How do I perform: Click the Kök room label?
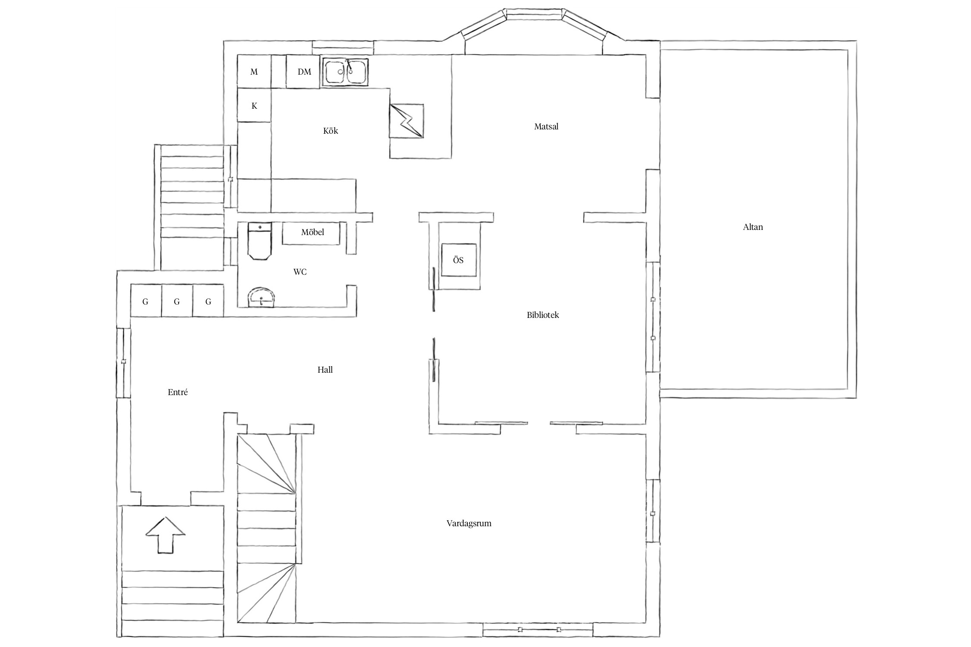[x=330, y=131]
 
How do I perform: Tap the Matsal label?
[x=546, y=126]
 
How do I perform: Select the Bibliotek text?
[x=542, y=315]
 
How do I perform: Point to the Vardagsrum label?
[x=469, y=523]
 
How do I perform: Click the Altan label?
[x=753, y=227]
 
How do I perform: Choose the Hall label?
[x=325, y=370]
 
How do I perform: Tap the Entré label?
[x=177, y=392]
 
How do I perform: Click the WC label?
[x=300, y=272]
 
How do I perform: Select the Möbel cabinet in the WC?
[x=311, y=233]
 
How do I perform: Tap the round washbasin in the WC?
[x=261, y=298]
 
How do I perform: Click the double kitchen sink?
[x=345, y=72]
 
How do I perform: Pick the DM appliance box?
[x=304, y=72]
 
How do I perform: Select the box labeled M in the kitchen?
[x=254, y=72]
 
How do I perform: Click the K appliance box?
[x=254, y=106]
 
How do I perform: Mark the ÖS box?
[x=458, y=260]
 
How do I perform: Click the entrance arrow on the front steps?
[x=165, y=535]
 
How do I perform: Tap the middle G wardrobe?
[x=177, y=301]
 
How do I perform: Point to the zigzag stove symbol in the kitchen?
[x=407, y=121]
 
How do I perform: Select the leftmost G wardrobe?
[x=146, y=301]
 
